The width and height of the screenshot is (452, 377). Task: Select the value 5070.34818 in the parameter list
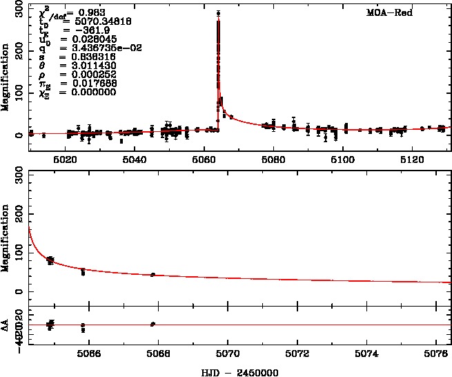pyautogui.click(x=88, y=21)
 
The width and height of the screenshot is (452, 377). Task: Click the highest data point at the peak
pyautogui.click(x=218, y=13)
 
